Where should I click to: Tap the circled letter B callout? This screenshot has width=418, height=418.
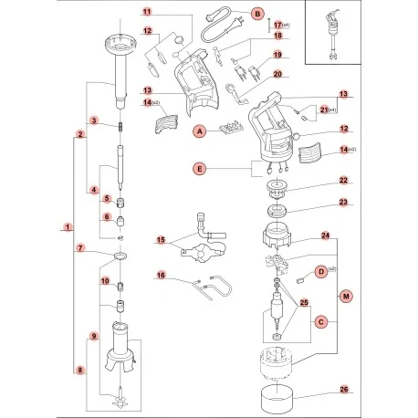(257, 14)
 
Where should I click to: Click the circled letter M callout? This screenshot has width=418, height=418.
(344, 297)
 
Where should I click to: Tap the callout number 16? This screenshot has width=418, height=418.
(160, 275)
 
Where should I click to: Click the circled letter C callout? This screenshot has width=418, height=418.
(320, 321)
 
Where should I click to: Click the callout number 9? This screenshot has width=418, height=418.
(93, 337)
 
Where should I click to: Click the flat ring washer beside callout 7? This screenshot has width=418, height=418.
(120, 255)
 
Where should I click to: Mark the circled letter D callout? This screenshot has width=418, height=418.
(321, 271)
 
